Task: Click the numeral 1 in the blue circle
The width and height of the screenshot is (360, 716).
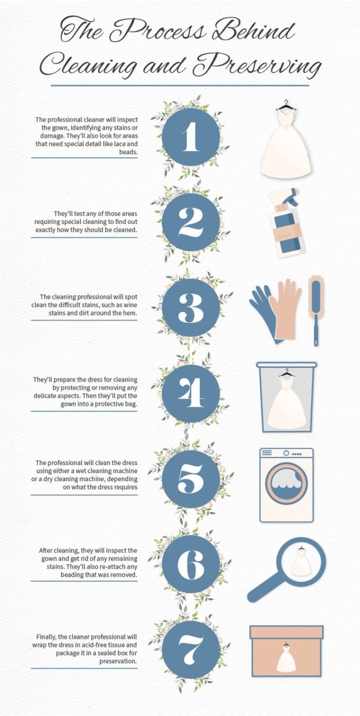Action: (190, 137)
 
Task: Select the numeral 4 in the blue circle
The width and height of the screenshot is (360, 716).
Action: (191, 393)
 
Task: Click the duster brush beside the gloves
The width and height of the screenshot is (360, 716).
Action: (316, 310)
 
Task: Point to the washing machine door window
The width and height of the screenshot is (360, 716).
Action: (286, 483)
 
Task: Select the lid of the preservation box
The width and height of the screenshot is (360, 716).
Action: (287, 632)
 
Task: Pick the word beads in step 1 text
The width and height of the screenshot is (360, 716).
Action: (128, 152)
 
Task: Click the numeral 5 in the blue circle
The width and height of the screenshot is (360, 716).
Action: (190, 479)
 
